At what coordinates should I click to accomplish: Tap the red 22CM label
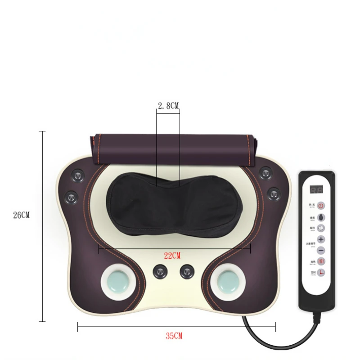(x=171, y=256)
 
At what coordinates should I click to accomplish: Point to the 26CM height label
(x=21, y=215)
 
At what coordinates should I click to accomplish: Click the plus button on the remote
(x=321, y=239)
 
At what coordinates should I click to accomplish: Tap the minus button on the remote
(x=321, y=250)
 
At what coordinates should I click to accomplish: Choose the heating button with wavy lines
(x=321, y=261)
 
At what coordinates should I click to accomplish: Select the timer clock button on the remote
(x=321, y=273)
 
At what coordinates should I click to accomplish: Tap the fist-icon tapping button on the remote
(x=321, y=228)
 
